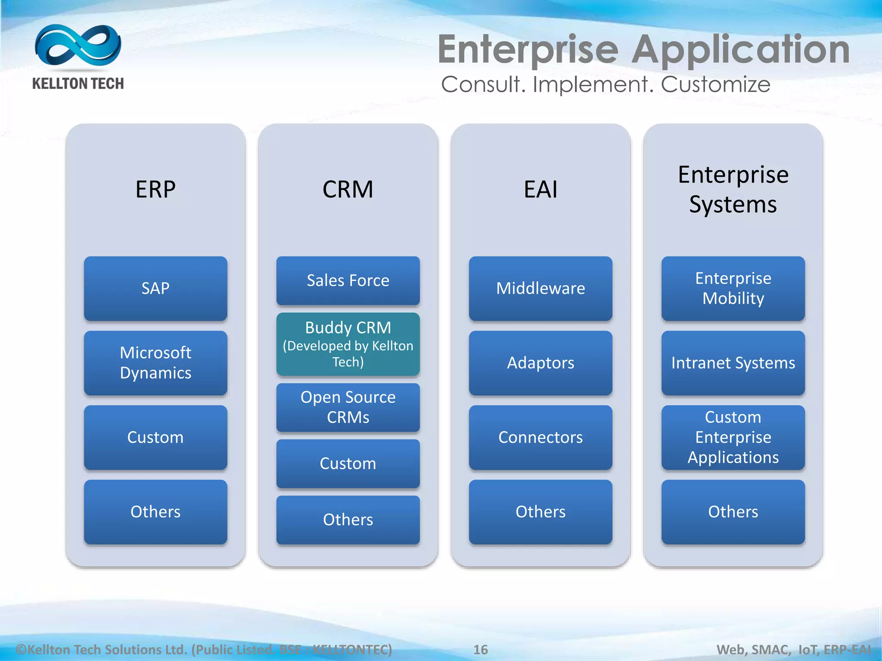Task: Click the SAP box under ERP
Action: (x=155, y=288)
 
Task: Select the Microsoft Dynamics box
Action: (x=155, y=363)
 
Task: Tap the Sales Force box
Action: (x=348, y=281)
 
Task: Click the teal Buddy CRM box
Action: (x=348, y=344)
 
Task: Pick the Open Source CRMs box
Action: (x=348, y=407)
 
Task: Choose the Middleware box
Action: (x=540, y=288)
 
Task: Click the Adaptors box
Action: (x=540, y=363)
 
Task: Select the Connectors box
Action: (x=540, y=437)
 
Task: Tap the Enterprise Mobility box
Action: (x=733, y=288)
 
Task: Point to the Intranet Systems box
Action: (x=733, y=363)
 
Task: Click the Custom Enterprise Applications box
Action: (x=733, y=437)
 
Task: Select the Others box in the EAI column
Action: (x=540, y=512)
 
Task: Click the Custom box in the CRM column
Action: (x=348, y=463)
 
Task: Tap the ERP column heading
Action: (x=155, y=189)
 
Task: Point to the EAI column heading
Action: (x=540, y=189)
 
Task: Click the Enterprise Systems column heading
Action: (x=733, y=189)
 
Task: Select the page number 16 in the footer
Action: (x=481, y=649)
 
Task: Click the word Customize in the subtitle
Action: (x=715, y=84)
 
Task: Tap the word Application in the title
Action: (x=741, y=50)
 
